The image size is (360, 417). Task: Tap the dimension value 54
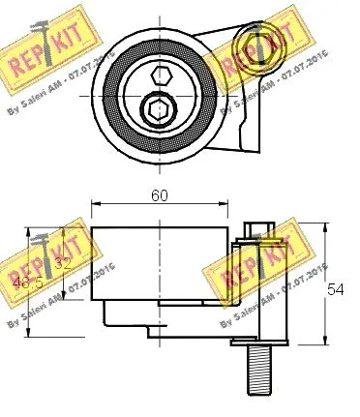click(336, 288)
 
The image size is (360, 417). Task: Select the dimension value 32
click(64, 260)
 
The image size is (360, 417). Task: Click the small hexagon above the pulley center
click(161, 74)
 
